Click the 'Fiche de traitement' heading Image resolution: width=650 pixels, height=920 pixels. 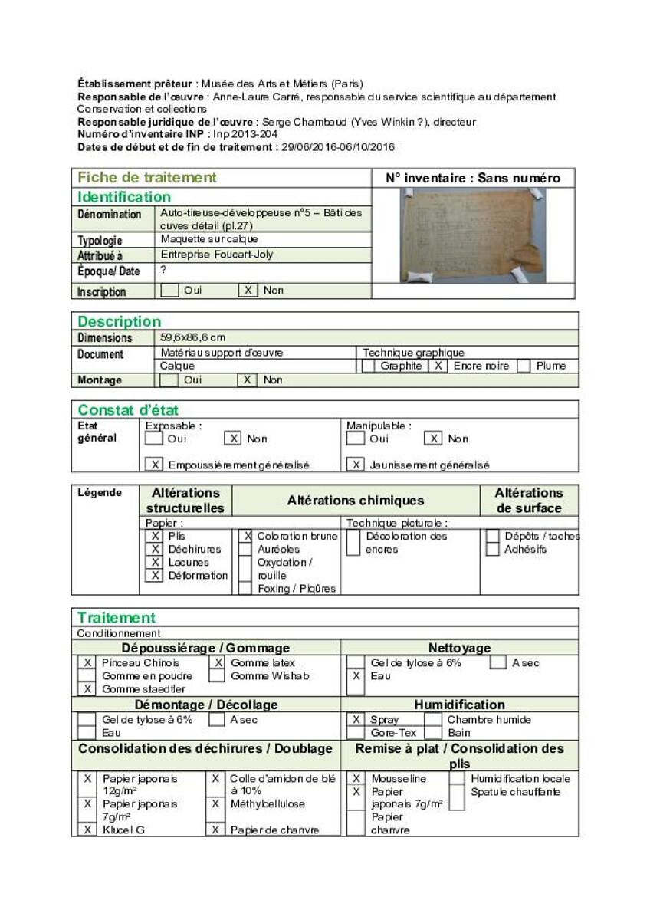[x=147, y=178]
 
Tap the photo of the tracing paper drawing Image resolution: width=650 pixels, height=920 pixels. [x=473, y=235]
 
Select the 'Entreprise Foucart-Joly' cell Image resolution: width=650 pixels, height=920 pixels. [x=217, y=255]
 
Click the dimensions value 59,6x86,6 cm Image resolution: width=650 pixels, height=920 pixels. [x=193, y=337]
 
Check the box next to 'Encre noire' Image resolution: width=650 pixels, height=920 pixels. [x=438, y=366]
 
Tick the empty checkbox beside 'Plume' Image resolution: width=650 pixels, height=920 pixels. [x=524, y=366]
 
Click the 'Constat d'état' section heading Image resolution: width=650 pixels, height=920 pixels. [x=128, y=410]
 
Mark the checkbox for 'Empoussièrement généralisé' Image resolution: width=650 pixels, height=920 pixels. [x=154, y=465]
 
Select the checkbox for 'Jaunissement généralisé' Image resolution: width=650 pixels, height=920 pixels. [x=355, y=465]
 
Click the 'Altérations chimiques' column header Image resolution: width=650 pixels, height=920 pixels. [x=356, y=501]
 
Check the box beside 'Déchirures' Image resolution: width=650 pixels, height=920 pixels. [x=154, y=550]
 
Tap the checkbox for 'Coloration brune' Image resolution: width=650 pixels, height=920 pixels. [x=246, y=537]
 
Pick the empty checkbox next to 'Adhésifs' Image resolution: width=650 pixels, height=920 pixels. [x=493, y=550]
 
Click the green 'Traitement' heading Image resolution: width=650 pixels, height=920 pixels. [x=117, y=618]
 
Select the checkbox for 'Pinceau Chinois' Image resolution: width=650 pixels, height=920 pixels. [x=87, y=663]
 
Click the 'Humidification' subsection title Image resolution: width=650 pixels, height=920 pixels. [x=459, y=705]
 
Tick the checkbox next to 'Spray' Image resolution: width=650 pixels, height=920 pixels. [x=356, y=720]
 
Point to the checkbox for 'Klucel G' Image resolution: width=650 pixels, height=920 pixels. [x=87, y=830]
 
